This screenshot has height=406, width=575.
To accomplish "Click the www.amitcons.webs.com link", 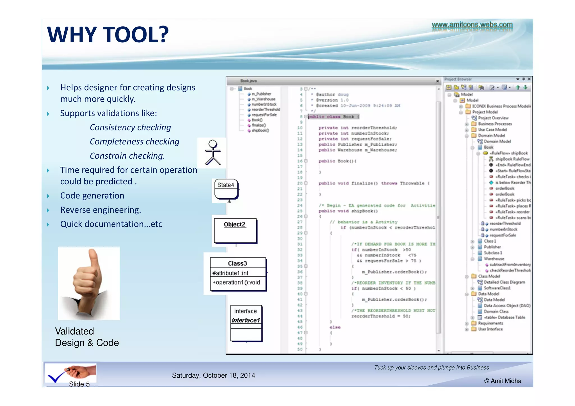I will (x=472, y=25).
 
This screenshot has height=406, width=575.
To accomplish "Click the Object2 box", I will (x=235, y=230).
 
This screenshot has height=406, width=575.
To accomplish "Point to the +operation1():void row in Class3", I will (x=236, y=282).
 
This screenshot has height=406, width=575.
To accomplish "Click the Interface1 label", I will (x=246, y=320).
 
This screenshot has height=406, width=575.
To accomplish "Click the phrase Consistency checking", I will (x=130, y=127).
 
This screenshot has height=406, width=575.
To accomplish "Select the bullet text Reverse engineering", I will (x=101, y=210).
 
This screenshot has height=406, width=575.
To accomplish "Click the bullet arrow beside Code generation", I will (x=48, y=196).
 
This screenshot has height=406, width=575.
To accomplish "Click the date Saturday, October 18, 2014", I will (x=213, y=375).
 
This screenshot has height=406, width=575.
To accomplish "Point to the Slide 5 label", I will (x=79, y=384).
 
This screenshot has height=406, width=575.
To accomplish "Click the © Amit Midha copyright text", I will (x=503, y=381).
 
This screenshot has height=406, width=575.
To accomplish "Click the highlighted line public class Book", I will (x=333, y=117).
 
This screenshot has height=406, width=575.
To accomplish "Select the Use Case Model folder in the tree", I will (x=492, y=130).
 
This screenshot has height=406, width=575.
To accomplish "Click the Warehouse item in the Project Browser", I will (x=494, y=259).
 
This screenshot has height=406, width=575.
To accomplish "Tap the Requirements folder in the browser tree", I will (x=490, y=323).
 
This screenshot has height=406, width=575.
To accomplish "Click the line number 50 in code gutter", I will (x=300, y=349).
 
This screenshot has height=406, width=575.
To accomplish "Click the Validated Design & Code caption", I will (x=87, y=337).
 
